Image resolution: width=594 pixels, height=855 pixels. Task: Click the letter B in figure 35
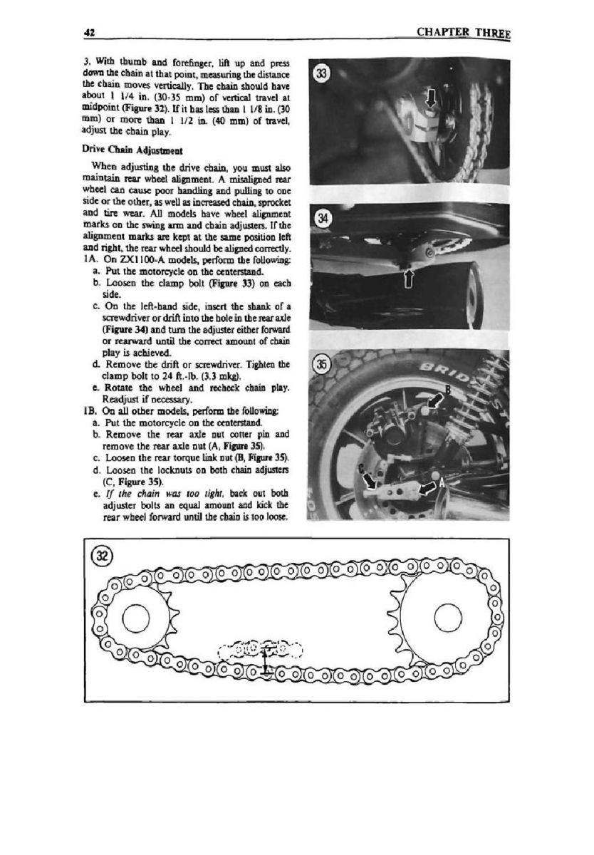[448, 388]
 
